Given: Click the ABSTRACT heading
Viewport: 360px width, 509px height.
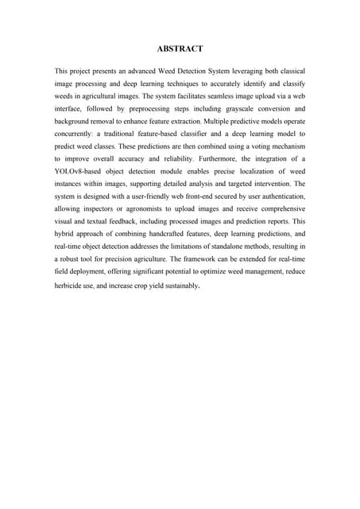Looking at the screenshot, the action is tap(180, 49).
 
